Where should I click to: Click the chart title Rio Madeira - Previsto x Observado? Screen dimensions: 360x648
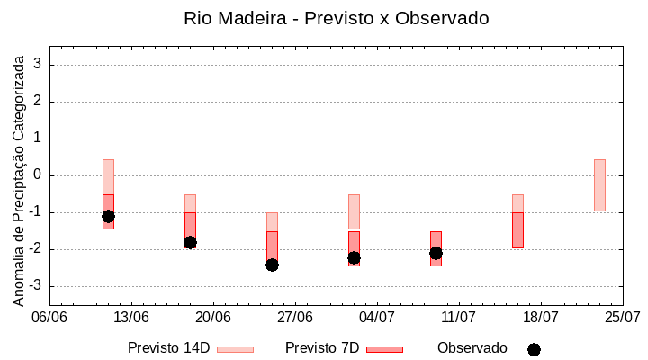[337, 18]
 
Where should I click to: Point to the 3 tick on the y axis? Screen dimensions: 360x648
[39, 65]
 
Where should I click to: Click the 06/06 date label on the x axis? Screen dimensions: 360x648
[49, 318]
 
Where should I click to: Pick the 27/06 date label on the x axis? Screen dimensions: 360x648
[295, 318]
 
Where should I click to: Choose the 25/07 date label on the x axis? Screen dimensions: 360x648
[622, 318]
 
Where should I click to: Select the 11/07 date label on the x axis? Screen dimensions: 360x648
[459, 318]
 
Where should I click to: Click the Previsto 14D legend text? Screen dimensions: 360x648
[168, 348]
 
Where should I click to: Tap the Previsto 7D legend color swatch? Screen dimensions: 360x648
[384, 349]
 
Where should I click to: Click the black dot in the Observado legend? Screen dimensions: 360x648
[534, 349]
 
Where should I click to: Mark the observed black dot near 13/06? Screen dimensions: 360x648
[108, 216]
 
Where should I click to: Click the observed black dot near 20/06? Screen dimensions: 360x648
[190, 242]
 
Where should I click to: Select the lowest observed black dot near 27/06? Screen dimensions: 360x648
[272, 265]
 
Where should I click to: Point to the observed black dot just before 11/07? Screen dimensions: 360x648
[436, 253]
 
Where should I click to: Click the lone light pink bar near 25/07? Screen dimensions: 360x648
[599, 185]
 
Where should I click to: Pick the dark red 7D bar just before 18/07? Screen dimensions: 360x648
[517, 230]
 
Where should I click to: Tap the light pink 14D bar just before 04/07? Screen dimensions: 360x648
[354, 211]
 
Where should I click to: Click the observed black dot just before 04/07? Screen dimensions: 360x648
[354, 257]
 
